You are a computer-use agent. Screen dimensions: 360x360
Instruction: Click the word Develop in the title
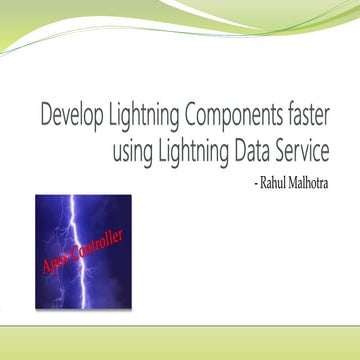tap(70, 116)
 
